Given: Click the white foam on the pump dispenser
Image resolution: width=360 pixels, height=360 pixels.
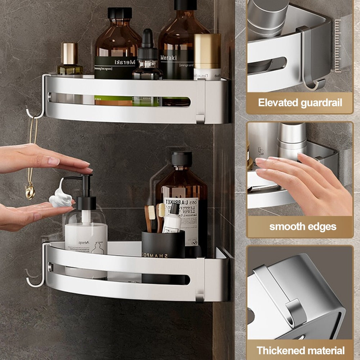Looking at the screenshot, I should [60, 198].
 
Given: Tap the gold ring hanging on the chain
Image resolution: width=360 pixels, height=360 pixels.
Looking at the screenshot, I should [30, 191].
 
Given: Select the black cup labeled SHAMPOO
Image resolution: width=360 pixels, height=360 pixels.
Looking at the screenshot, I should [163, 248].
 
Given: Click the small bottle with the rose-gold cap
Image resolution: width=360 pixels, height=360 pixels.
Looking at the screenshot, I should [70, 58].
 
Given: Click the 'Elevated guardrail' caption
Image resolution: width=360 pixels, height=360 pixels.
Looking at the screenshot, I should [300, 103].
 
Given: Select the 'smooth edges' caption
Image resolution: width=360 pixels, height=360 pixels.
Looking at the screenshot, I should [302, 227].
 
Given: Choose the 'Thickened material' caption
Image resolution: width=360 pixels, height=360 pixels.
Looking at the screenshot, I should [300, 350].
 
